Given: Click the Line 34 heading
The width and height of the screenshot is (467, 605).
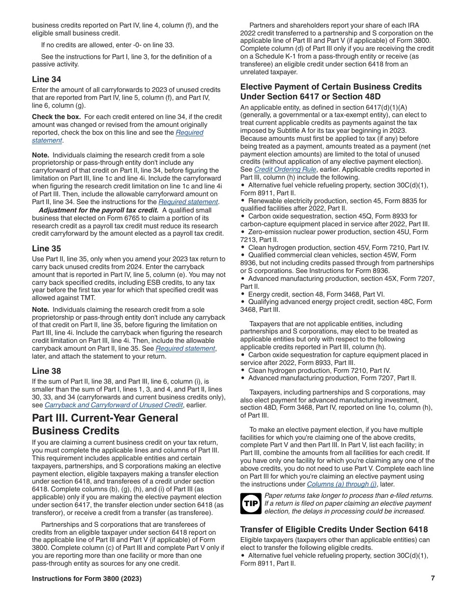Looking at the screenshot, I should (47, 79).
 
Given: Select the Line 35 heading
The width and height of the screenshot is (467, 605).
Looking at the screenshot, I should (47, 248).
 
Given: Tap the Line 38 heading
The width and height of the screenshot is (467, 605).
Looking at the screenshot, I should (47, 371).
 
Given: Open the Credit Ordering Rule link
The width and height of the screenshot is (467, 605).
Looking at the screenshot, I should (285, 169).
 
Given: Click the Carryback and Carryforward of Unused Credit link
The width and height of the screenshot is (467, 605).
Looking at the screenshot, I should (114, 405).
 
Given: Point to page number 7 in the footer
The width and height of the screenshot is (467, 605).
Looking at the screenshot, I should (433, 578).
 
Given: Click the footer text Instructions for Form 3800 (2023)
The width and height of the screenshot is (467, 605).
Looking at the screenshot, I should (87, 578).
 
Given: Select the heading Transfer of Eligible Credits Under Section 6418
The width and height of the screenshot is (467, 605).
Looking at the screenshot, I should (334, 529).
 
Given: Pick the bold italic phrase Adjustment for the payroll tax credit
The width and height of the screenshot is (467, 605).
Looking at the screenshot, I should (98, 210).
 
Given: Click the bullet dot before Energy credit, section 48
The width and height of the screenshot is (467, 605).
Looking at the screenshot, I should (243, 294).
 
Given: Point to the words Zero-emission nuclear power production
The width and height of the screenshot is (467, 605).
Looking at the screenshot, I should (310, 232).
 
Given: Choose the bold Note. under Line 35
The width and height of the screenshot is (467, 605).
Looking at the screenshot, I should (40, 309).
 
